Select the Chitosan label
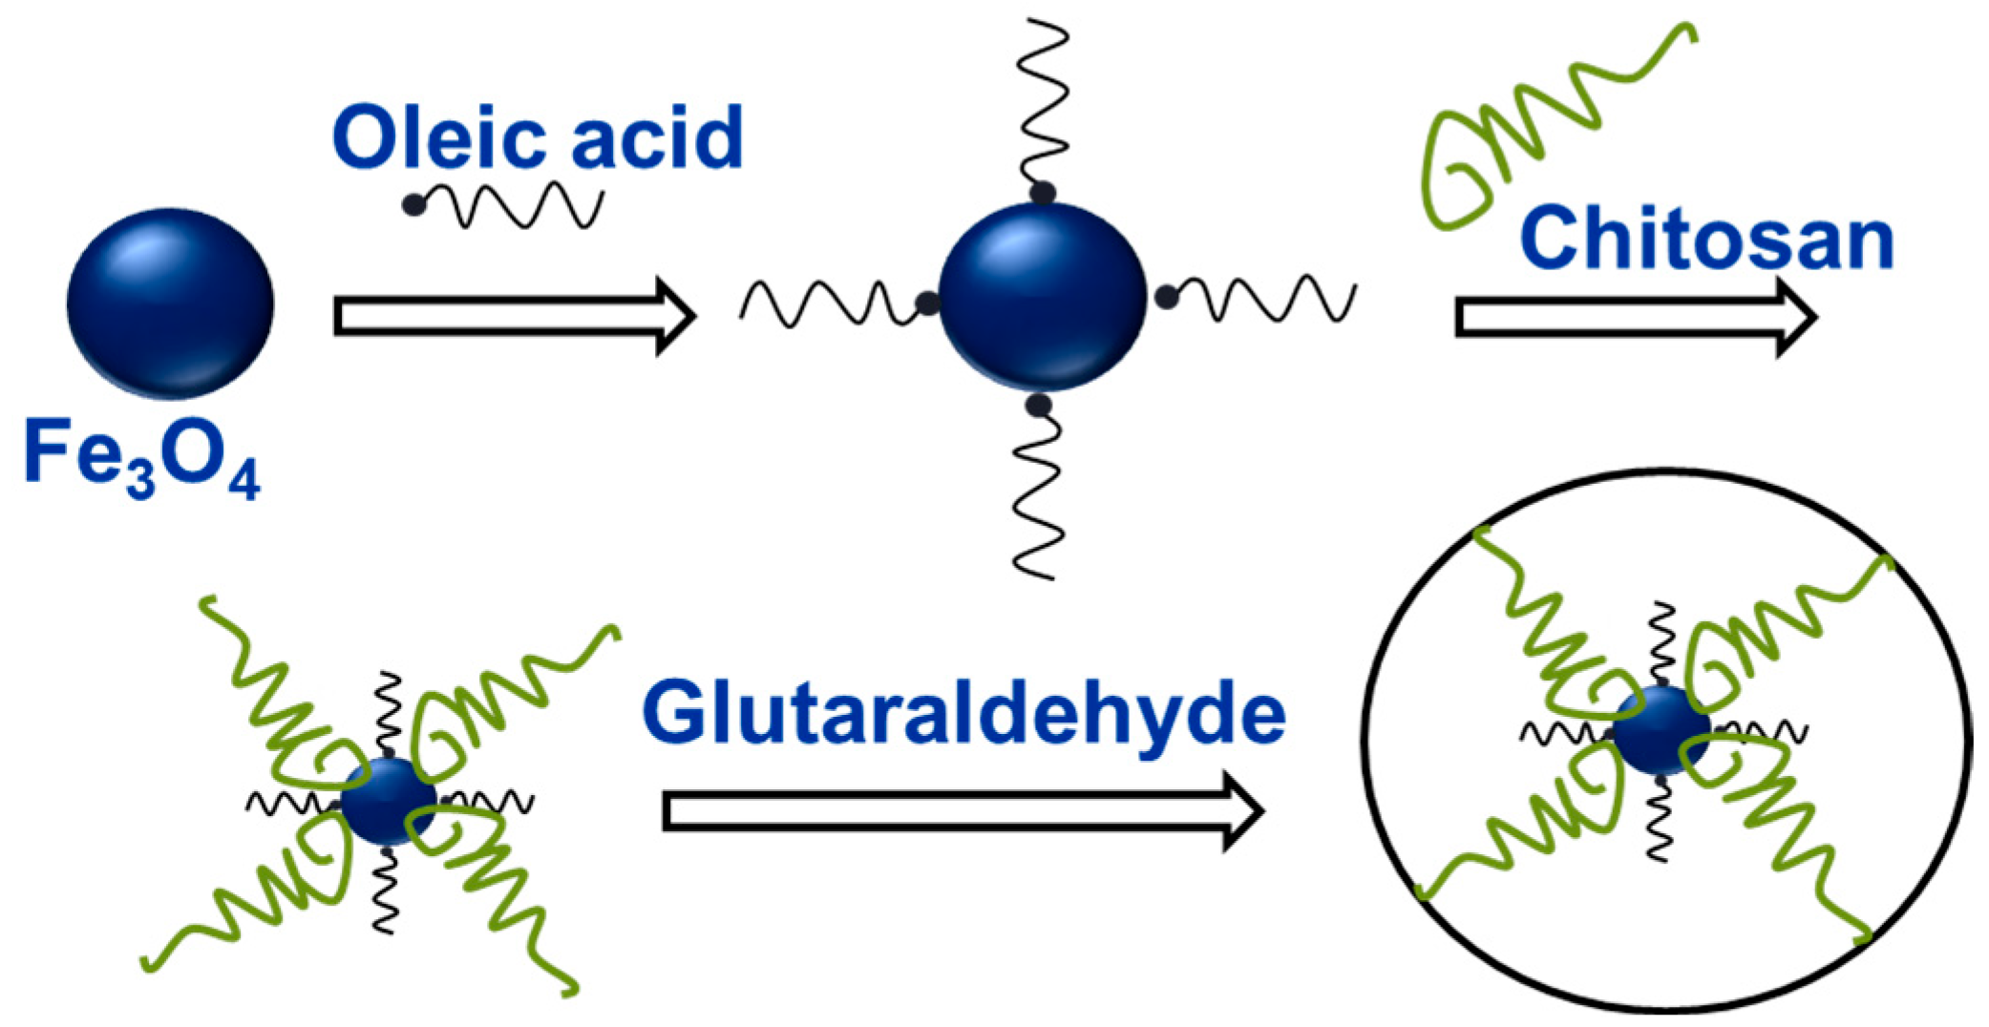(x=1706, y=240)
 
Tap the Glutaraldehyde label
(x=963, y=714)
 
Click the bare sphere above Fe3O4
(x=170, y=303)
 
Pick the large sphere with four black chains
(x=1042, y=296)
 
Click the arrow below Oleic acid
(x=514, y=317)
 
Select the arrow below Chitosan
(x=1635, y=318)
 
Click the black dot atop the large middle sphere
(x=1042, y=193)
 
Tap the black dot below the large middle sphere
(x=1038, y=406)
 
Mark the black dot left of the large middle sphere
(x=926, y=304)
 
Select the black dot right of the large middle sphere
(x=1166, y=297)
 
